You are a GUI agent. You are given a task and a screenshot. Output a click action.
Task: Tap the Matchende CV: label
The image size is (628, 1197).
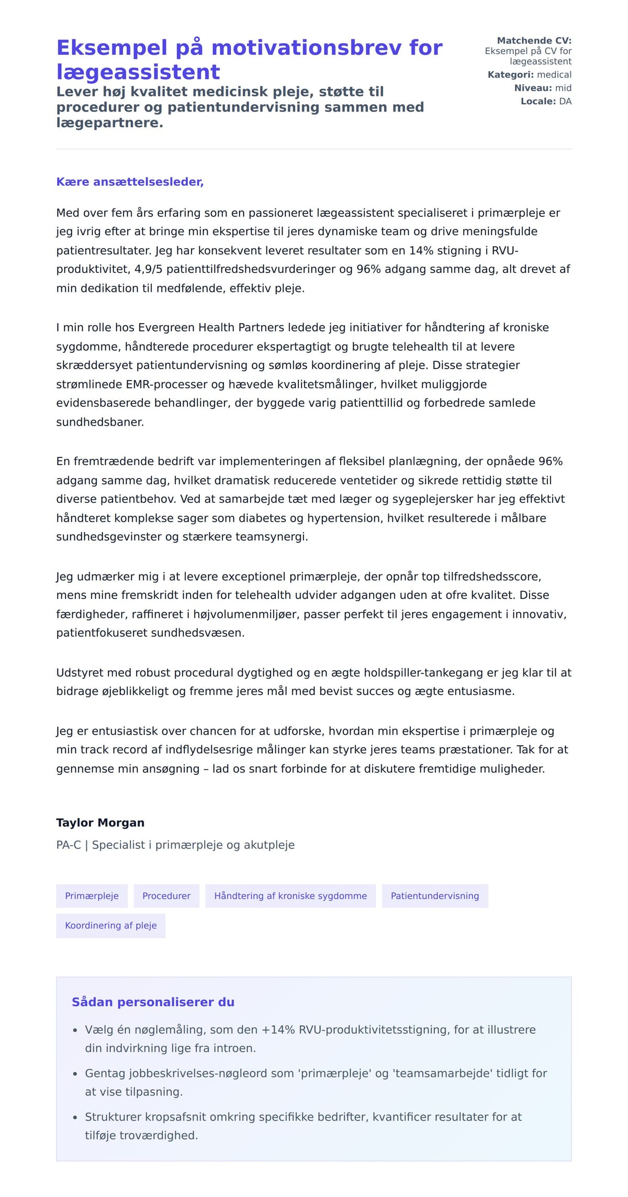pyautogui.click(x=534, y=40)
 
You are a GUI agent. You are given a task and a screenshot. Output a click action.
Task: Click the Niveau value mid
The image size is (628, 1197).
pyautogui.click(x=563, y=88)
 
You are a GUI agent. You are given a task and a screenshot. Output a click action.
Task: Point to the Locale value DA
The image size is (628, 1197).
pyautogui.click(x=565, y=101)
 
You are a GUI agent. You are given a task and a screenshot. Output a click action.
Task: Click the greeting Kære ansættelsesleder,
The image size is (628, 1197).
pyautogui.click(x=130, y=182)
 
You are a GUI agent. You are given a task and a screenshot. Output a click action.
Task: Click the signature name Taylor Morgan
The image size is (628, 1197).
pyautogui.click(x=100, y=823)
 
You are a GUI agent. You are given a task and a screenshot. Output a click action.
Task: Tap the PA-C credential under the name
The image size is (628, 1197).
pyautogui.click(x=69, y=845)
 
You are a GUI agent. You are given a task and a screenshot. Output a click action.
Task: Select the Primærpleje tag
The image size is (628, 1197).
pyautogui.click(x=92, y=896)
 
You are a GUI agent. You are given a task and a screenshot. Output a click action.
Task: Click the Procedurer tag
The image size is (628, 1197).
pyautogui.click(x=166, y=896)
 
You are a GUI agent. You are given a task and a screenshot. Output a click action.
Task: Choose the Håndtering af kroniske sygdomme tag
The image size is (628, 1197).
pyautogui.click(x=290, y=896)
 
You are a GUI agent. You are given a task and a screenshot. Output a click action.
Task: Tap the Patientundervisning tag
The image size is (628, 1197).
pyautogui.click(x=434, y=896)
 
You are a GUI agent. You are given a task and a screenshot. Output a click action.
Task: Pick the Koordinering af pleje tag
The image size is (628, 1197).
pyautogui.click(x=110, y=925)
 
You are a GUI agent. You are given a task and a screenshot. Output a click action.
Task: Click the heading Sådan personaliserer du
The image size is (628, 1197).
pyautogui.click(x=153, y=1002)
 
